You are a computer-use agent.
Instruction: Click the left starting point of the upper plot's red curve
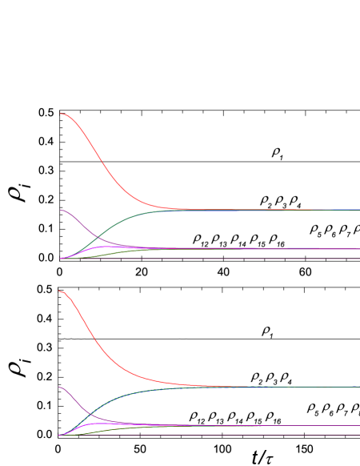[61, 114]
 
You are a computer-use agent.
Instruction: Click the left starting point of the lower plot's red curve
[61, 291]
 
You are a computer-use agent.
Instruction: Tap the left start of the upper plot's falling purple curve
[61, 210]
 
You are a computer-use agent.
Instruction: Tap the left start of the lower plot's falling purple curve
[61, 387]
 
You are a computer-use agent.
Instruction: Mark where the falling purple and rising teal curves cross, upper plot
[95, 237]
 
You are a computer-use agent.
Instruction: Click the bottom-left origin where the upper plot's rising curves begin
[61, 259]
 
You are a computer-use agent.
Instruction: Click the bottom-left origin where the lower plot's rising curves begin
[61, 435]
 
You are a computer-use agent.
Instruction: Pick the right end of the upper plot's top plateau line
[358, 210]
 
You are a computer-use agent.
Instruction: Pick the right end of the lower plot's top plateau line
[358, 387]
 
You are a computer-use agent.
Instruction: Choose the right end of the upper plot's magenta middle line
[358, 248]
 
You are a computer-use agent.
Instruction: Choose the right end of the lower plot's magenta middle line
[358, 425]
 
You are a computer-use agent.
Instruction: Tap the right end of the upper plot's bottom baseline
[358, 259]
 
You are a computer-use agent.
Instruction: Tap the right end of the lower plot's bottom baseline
[358, 435]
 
